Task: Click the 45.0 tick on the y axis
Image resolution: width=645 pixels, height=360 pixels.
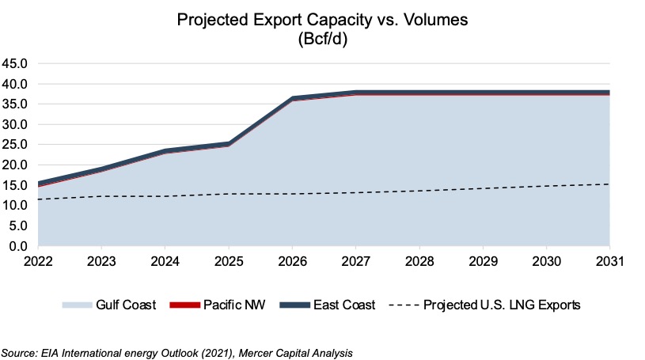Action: click(x=15, y=63)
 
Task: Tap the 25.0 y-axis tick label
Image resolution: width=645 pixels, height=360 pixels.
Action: click(x=15, y=145)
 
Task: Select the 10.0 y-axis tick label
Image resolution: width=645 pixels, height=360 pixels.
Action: click(x=15, y=206)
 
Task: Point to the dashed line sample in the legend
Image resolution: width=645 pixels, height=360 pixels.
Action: click(x=404, y=305)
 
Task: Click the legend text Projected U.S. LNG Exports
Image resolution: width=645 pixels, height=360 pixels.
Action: click(x=503, y=305)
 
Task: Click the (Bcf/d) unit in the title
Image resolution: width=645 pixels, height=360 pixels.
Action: click(x=322, y=40)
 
